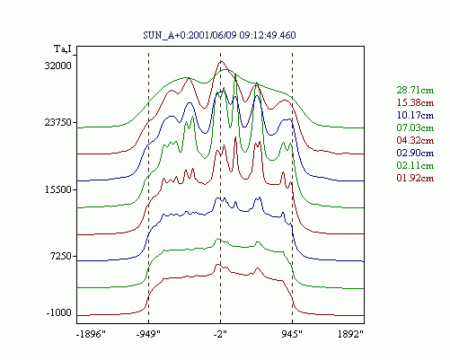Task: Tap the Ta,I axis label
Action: [x=63, y=48]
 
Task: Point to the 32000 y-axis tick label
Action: [x=58, y=66]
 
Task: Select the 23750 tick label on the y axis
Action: [x=58, y=122]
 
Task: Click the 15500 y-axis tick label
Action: [x=58, y=189]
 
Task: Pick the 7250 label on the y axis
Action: [x=61, y=256]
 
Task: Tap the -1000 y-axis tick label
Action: [x=59, y=312]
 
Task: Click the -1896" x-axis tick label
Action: [x=92, y=334]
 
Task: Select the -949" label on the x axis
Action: [x=148, y=334]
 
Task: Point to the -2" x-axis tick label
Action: [x=220, y=334]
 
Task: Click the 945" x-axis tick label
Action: [x=292, y=334]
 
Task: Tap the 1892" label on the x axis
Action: [x=350, y=334]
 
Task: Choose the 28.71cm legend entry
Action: [x=415, y=90]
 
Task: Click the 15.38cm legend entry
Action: [x=415, y=102]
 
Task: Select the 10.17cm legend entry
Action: [x=415, y=115]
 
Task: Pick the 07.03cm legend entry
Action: [x=415, y=127]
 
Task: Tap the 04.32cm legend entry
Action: [x=415, y=140]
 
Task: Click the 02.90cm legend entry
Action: [x=415, y=153]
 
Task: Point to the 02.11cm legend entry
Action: [x=415, y=165]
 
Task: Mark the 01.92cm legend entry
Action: [x=415, y=178]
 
